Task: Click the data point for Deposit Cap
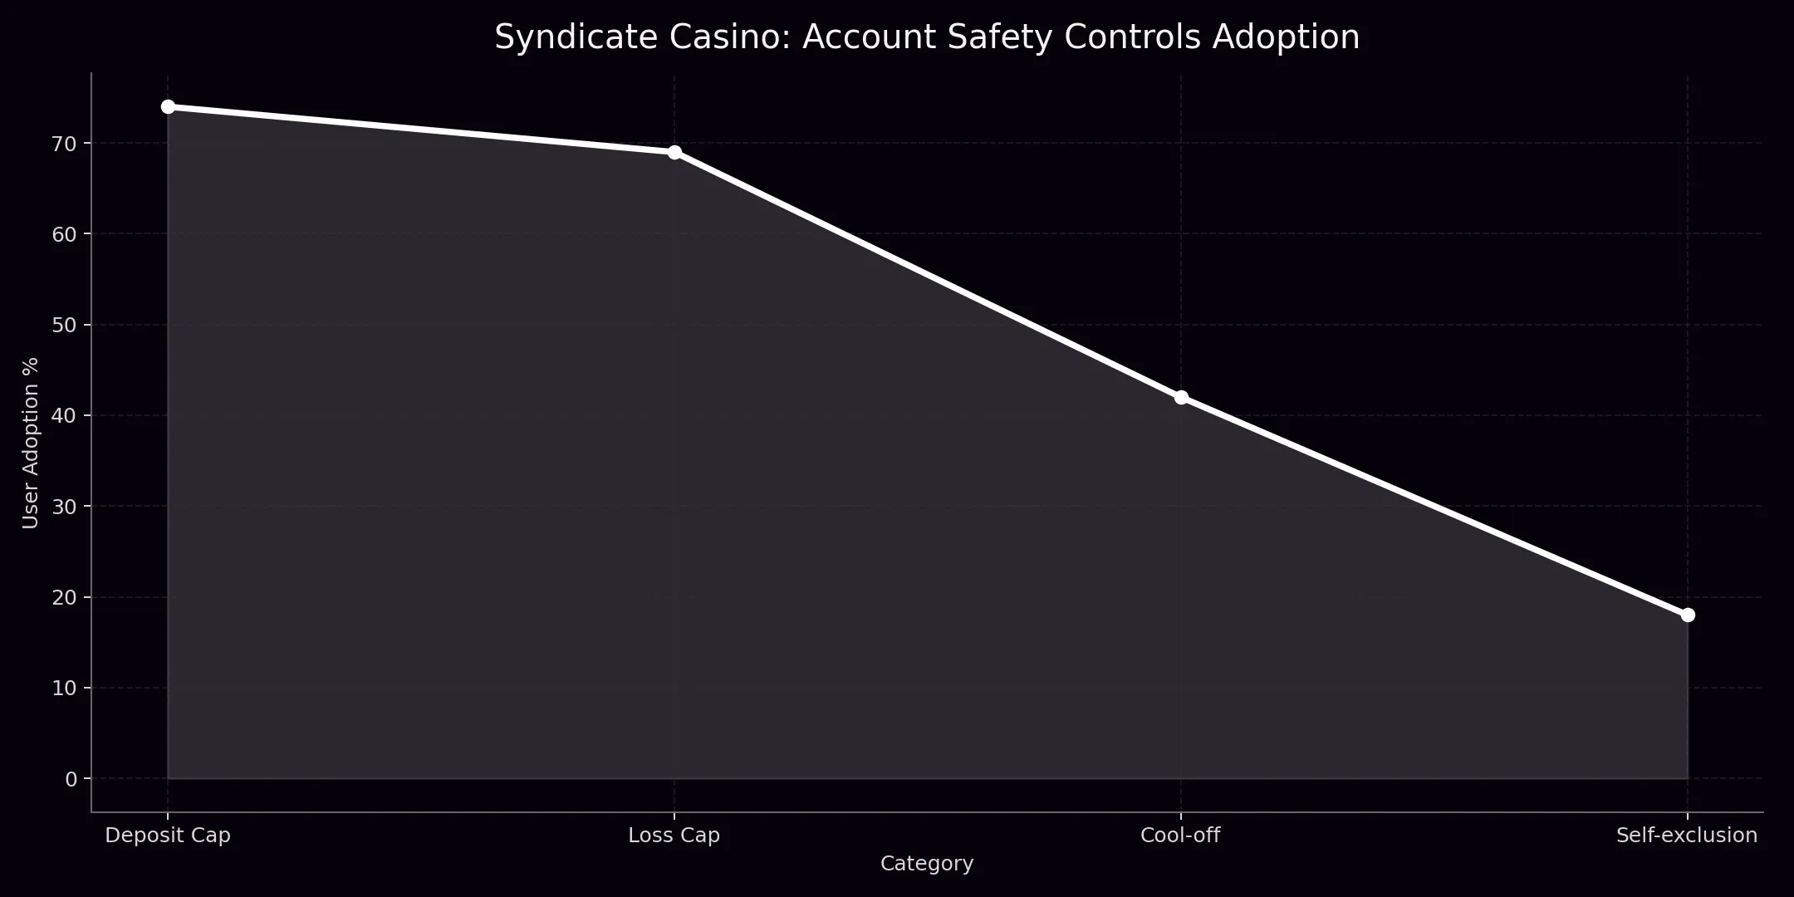[168, 106]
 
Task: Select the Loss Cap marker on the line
[674, 152]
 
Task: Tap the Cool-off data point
[1181, 397]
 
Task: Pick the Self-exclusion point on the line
[1688, 615]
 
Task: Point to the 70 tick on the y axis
[64, 144]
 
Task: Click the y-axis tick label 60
[64, 234]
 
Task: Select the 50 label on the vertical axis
[64, 325]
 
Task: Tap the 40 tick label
[64, 415]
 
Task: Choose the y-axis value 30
[64, 506]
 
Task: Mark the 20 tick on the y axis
[64, 597]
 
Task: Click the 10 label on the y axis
[64, 688]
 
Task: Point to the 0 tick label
[71, 778]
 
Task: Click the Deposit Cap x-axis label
[168, 836]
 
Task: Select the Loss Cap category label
[674, 836]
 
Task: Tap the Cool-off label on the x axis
[1181, 836]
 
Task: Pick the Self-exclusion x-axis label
[1687, 836]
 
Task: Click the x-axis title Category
[927, 864]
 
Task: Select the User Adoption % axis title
[31, 443]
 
